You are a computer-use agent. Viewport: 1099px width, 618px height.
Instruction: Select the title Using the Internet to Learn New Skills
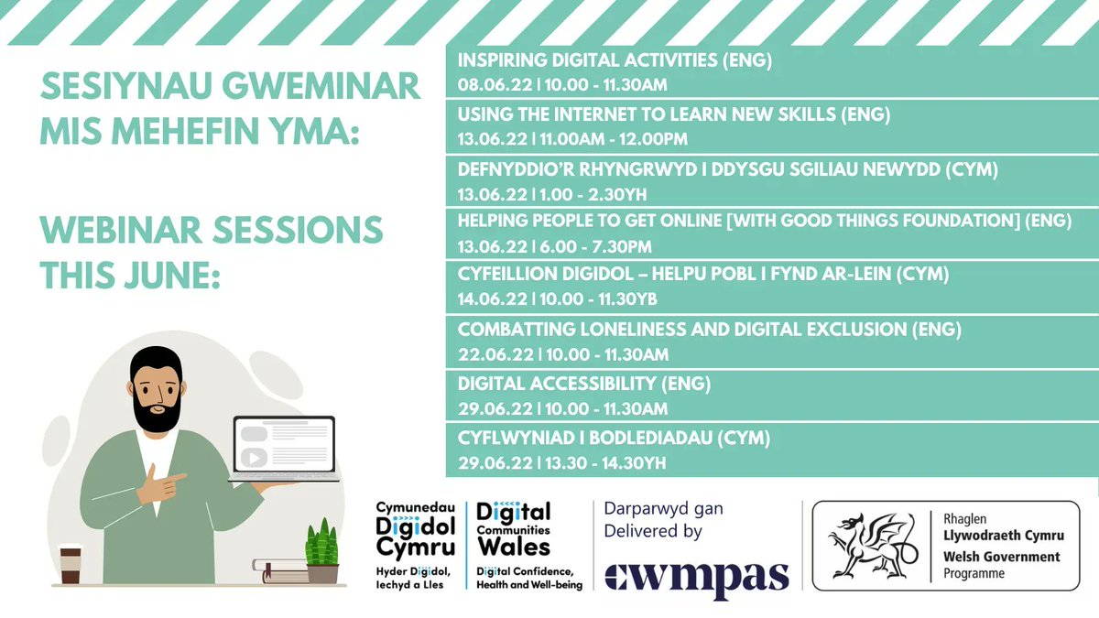click(674, 114)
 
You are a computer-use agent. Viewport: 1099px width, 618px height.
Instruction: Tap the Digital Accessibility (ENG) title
click(584, 383)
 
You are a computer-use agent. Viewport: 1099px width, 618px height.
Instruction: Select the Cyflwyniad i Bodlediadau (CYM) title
click(614, 438)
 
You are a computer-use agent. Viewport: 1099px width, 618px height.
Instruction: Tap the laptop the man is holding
click(284, 449)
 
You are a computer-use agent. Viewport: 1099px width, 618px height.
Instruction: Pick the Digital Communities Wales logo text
click(514, 529)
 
